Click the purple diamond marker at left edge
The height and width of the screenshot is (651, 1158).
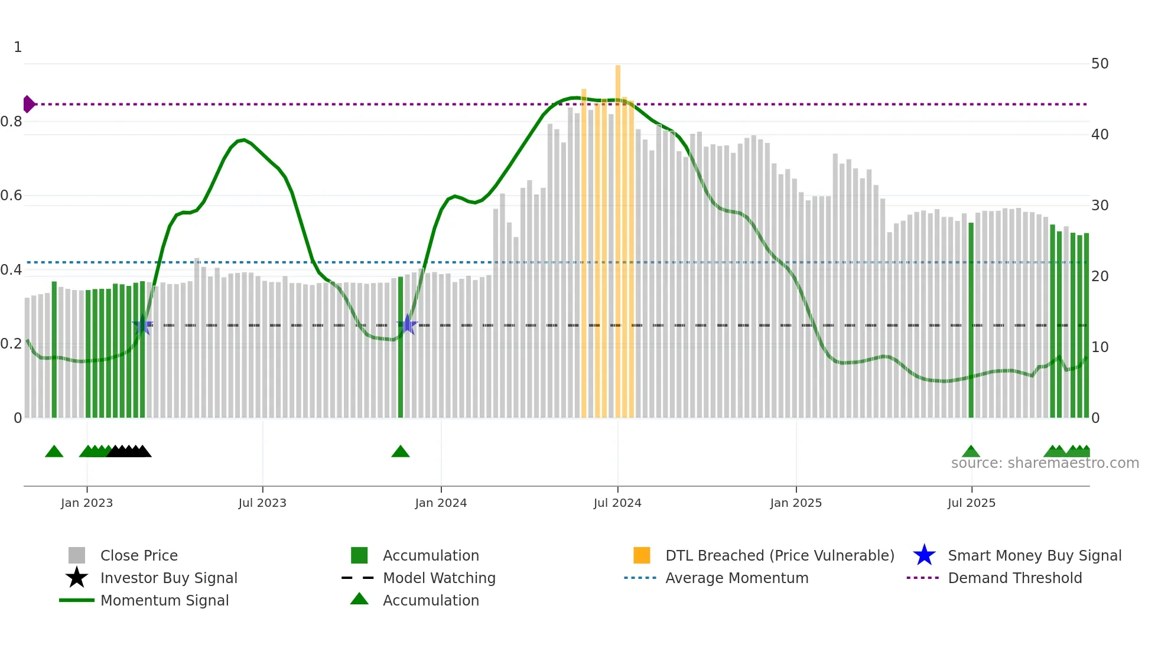coord(28,104)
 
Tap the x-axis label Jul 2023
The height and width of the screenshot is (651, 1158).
coord(262,503)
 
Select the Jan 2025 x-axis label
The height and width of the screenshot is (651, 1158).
coord(796,503)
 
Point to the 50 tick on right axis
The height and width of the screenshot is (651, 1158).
coord(1100,64)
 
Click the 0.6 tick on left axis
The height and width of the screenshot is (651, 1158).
coord(12,196)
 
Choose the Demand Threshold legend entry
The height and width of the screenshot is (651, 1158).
coord(1014,578)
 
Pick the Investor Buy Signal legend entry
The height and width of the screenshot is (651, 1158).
coord(168,578)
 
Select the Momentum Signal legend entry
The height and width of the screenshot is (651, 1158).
coord(164,601)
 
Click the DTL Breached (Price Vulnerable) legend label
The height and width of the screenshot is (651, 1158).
coord(779,556)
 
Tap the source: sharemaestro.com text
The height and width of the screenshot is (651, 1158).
coord(1045,463)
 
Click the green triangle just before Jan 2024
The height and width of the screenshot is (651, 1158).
coord(401,452)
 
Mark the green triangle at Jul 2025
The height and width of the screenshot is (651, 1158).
coord(971,452)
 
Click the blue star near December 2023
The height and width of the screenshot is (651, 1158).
coord(407,325)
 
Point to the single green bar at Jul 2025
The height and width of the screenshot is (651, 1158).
coord(971,319)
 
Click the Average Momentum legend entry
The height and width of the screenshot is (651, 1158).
coord(736,578)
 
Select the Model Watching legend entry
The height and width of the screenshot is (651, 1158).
coord(438,578)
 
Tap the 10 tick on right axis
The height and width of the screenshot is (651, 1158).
coord(1100,347)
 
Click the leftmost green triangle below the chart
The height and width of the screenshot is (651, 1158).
coord(54,452)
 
